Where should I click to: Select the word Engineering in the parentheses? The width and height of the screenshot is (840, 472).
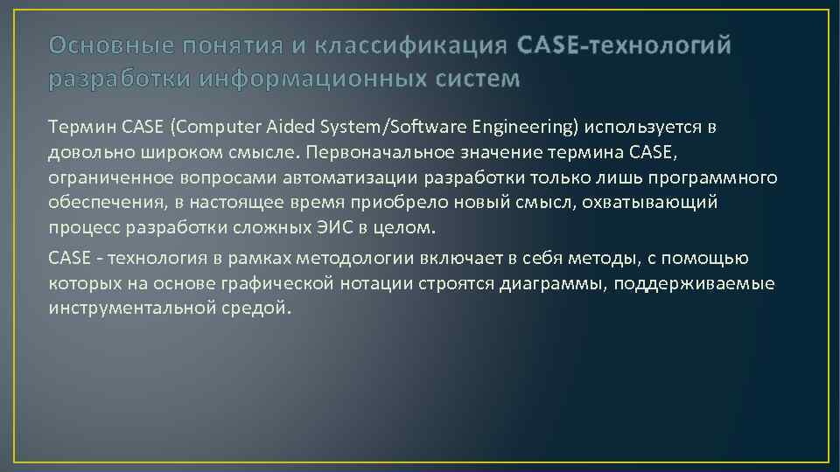[x=528, y=128]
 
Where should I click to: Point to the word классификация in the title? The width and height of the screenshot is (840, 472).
[x=409, y=45]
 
